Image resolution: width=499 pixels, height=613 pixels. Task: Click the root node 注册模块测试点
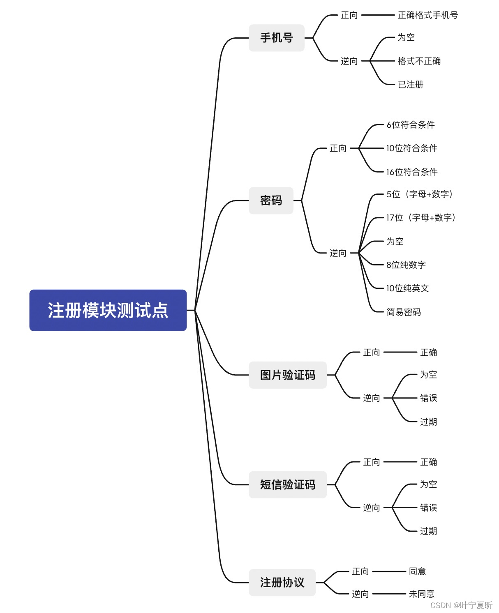coord(108,310)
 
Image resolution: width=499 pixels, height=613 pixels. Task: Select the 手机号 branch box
coord(276,38)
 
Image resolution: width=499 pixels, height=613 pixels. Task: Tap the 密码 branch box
coord(271,200)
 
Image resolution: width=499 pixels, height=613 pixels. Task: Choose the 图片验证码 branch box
coord(287,375)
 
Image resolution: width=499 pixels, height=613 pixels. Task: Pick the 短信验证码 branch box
coord(287,484)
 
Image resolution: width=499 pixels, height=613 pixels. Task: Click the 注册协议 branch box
coord(282,582)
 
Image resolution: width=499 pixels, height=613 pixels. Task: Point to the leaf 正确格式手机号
coord(427,15)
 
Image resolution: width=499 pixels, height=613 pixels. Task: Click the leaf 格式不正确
coord(419,61)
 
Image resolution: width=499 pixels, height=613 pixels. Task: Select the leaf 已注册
coord(410,85)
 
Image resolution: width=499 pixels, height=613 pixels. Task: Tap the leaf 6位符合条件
coord(410,125)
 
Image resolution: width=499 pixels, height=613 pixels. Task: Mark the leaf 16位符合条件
coord(411,172)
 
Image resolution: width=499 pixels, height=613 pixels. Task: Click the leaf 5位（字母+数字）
coord(419,194)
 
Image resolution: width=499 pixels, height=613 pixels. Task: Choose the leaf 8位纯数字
coord(406,265)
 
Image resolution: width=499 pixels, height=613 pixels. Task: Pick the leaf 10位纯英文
coord(407,288)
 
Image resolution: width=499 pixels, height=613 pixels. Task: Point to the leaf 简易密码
coord(403,312)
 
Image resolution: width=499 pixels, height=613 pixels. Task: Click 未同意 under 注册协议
coord(421,594)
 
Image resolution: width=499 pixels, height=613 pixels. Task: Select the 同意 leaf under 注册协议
coord(417,572)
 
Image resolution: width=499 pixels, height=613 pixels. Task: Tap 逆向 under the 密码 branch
coord(338,253)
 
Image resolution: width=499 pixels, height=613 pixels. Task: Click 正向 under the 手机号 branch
coord(349,15)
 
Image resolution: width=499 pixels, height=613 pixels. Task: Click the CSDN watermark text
coord(461,605)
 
